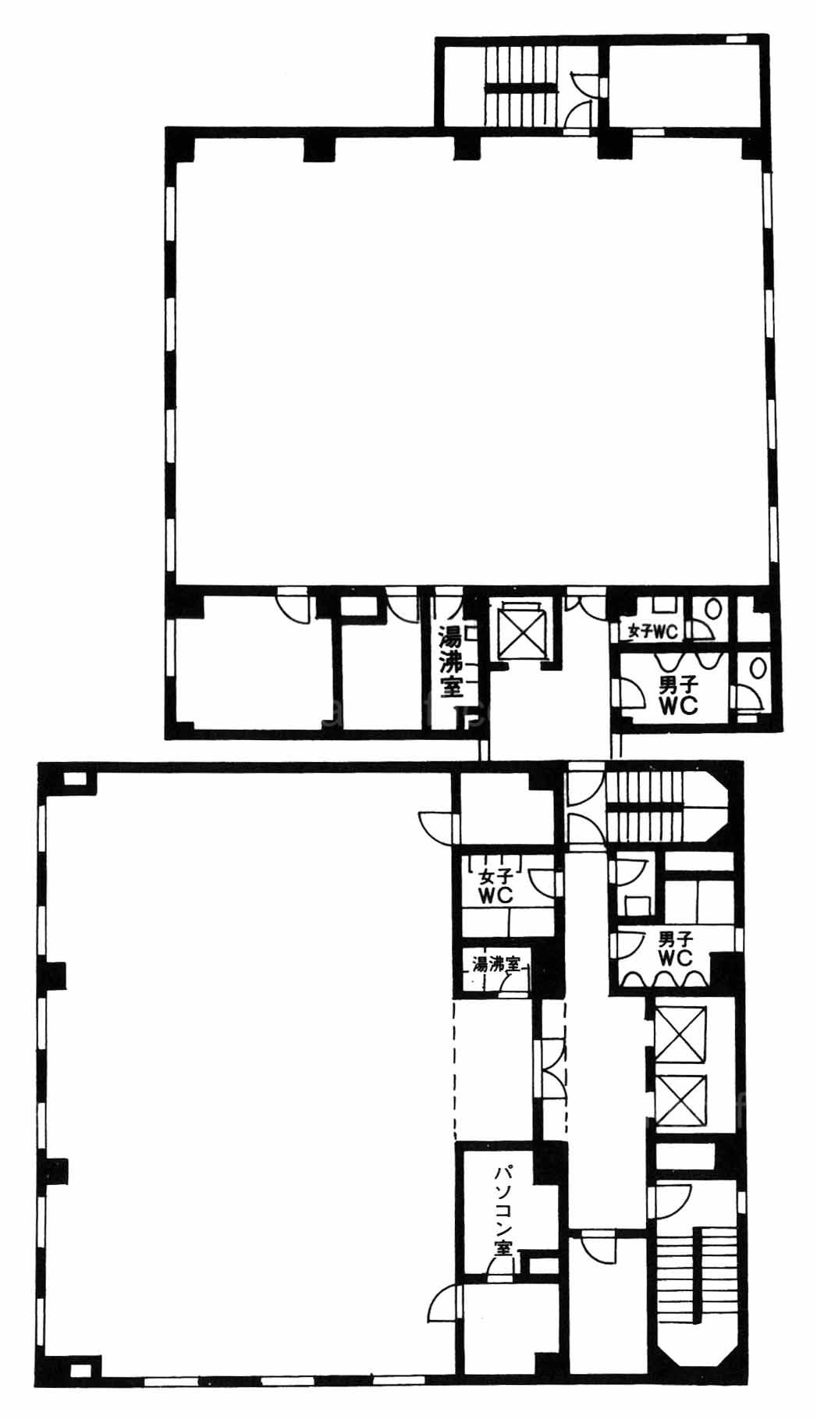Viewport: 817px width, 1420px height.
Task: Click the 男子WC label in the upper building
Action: [677, 693]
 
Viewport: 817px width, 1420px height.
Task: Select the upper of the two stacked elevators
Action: [681, 1034]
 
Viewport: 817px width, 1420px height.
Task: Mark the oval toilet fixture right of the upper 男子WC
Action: [755, 668]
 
